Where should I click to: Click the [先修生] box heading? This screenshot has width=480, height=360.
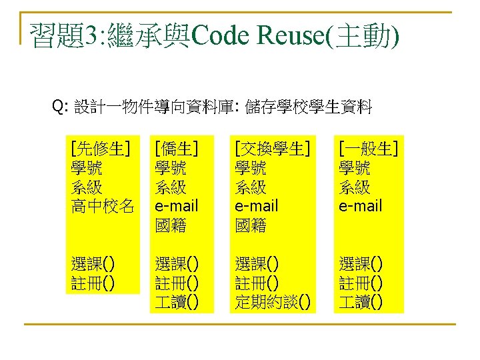tap(101, 148)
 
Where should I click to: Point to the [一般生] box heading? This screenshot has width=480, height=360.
tap(369, 148)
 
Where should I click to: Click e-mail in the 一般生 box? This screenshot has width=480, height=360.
tap(361, 206)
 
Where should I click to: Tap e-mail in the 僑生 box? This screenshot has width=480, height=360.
tap(177, 206)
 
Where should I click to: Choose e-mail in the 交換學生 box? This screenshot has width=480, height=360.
tap(257, 206)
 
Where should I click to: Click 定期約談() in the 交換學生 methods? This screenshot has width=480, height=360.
tap(273, 303)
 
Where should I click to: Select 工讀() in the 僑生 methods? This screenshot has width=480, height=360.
tap(176, 303)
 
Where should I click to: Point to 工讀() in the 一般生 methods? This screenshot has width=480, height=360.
tap(361, 303)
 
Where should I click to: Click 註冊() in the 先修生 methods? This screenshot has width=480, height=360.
tap(93, 283)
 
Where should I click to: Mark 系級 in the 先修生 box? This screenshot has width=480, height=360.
tap(86, 187)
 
